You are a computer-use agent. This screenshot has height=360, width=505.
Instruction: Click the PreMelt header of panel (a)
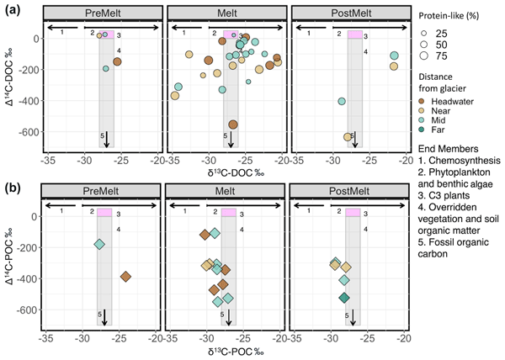[x=100, y=16]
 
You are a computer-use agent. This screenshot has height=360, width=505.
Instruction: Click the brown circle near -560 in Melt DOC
[x=232, y=124]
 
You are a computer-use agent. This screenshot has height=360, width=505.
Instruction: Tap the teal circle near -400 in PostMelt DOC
[x=342, y=101]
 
